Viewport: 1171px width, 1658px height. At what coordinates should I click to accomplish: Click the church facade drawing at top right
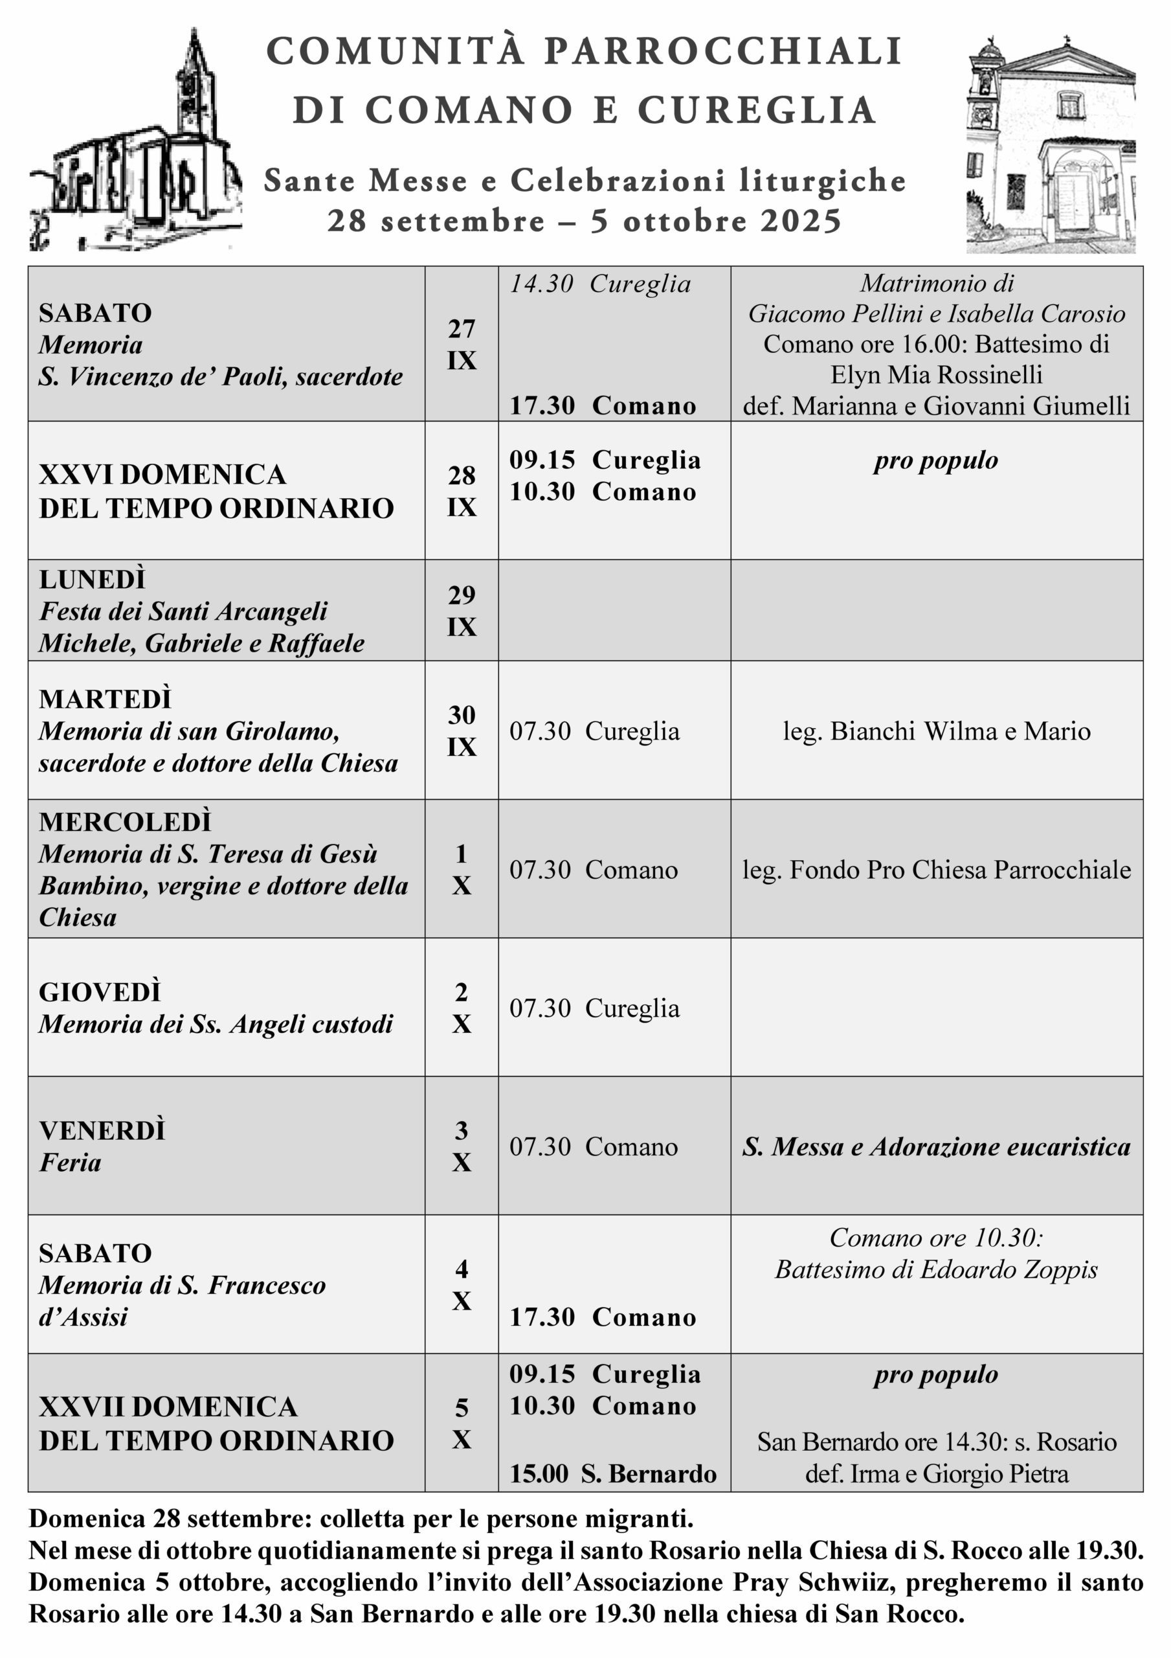[x=1051, y=144]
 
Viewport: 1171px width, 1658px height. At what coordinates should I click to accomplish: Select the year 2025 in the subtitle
[x=801, y=221]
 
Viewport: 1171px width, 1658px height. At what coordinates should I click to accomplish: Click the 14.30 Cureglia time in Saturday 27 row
[x=600, y=284]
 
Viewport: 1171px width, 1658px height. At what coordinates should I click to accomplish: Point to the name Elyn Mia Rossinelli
[x=937, y=375]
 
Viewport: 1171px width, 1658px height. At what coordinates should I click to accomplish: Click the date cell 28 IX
[x=462, y=491]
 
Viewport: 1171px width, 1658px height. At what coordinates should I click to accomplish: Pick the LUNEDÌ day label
[x=93, y=579]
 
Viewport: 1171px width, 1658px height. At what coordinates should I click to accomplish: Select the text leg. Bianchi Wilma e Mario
[x=937, y=731]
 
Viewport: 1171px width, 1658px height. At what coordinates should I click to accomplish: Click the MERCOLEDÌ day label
[x=125, y=822]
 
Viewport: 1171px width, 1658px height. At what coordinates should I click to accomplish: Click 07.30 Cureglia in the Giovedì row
[x=594, y=1008]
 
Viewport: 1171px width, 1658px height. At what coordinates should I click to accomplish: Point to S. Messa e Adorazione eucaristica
[x=937, y=1147]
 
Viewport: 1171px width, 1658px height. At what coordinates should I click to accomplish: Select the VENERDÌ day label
[x=102, y=1131]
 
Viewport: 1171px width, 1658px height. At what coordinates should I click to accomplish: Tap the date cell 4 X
[x=462, y=1286]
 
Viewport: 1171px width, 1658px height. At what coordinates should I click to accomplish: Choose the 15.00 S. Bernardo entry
[x=612, y=1473]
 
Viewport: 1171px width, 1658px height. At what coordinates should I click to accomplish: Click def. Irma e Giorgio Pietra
[x=937, y=1473]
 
